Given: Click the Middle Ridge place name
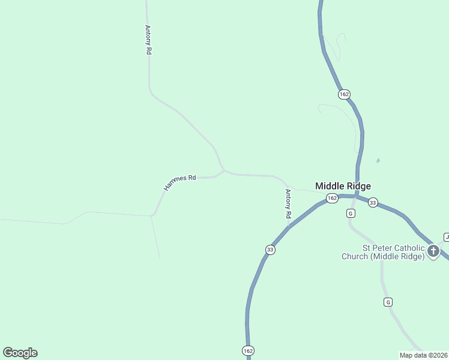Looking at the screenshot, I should click(343, 186).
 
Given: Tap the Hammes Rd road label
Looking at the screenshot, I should click(180, 182).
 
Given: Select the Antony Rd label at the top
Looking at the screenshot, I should click(147, 40).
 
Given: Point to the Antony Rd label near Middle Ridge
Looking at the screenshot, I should click(288, 203).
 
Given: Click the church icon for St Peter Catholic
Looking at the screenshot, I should click(433, 250).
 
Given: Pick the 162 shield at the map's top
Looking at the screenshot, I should click(343, 94).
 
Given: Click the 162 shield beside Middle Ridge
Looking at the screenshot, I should click(332, 198).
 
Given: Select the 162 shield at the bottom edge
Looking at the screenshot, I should click(248, 350).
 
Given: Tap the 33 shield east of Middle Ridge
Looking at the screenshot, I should click(373, 202).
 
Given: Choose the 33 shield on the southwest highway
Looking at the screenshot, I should click(270, 250).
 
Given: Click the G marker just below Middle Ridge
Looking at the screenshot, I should click(351, 213).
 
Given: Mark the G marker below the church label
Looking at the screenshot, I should click(388, 302).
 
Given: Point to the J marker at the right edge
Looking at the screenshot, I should click(447, 236).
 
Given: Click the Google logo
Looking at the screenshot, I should click(20, 353).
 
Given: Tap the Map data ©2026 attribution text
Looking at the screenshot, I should click(423, 355).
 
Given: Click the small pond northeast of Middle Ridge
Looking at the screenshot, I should click(378, 161).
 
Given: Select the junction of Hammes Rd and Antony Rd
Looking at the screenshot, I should click(224, 171).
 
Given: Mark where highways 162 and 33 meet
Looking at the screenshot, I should click(355, 196).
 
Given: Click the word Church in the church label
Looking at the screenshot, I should click(356, 257).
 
